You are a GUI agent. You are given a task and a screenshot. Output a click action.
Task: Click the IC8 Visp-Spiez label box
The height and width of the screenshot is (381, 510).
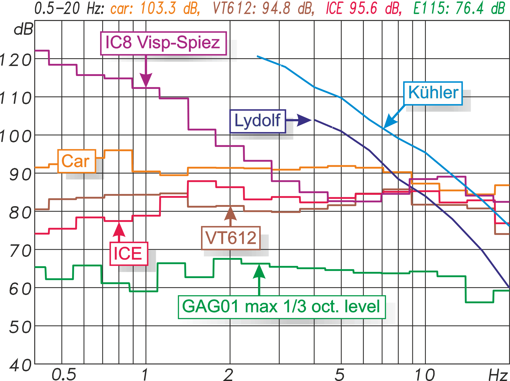point(163,43)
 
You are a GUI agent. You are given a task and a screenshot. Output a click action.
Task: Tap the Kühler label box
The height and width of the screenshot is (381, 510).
point(433,93)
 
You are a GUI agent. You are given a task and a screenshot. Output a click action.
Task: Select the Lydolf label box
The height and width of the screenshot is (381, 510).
point(257,121)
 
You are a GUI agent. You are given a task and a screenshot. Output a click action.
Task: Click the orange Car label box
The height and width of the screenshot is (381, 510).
point(77,161)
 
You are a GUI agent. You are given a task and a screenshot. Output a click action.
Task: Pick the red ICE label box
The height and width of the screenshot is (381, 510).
point(128,254)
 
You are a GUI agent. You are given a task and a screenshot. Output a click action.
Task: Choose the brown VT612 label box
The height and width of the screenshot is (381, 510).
point(231,238)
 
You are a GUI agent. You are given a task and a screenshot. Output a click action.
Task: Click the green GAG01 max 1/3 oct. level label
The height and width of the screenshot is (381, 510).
point(281,307)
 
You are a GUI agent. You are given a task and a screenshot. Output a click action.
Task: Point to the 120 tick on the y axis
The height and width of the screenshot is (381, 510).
point(16,60)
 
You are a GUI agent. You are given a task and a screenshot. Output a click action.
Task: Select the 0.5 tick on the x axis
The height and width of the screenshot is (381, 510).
point(64,374)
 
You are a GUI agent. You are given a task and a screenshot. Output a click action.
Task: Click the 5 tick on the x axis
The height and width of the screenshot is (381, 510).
point(340,374)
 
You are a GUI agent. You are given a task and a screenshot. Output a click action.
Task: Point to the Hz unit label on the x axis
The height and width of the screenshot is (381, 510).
point(498,375)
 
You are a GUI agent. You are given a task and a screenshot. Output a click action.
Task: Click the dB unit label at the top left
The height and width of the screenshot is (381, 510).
point(24,29)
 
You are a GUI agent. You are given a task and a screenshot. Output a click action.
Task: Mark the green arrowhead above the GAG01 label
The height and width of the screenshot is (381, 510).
point(259,271)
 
